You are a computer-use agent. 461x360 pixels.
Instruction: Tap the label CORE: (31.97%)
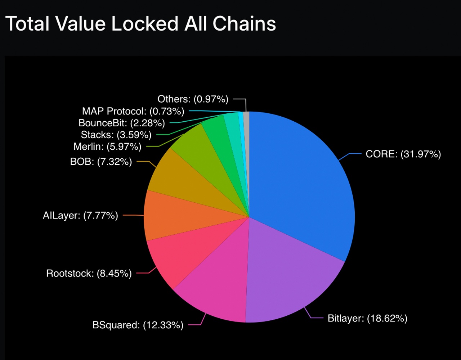pos(403,154)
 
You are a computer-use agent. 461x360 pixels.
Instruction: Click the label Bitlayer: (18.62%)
pos(367,318)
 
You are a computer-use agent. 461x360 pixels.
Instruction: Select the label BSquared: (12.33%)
pos(138,325)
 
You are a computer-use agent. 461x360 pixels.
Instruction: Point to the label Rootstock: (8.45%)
pos(89,273)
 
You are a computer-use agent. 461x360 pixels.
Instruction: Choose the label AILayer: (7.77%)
pos(80,215)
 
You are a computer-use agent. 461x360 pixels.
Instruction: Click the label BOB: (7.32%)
pos(101,162)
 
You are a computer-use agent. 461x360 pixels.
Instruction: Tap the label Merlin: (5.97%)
pos(107,147)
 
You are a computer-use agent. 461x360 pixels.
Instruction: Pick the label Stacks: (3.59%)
pos(116,135)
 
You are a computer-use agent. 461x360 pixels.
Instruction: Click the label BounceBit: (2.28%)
pos(122,123)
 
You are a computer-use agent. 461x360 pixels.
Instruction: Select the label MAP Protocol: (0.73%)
pos(133,111)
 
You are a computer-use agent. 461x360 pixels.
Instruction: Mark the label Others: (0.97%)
pos(193,99)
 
